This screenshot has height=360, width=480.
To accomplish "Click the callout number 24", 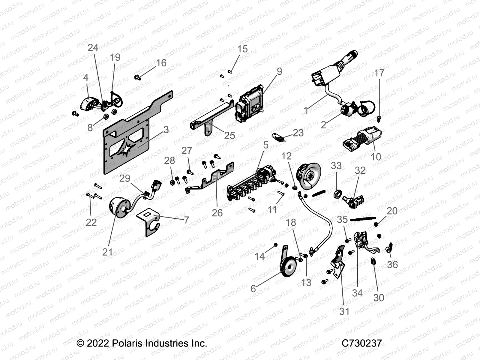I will tap(93, 48).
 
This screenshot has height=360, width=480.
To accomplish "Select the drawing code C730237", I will tap(362, 343).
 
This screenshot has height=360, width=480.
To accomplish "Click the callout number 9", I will tap(279, 71).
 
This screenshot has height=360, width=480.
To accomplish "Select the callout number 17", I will tap(379, 73).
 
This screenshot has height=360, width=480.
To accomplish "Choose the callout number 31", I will tap(344, 311).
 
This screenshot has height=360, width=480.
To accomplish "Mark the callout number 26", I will tap(217, 213).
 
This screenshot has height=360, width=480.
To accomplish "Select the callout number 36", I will tap(392, 265).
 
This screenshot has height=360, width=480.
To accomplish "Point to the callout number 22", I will tap(91, 222).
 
